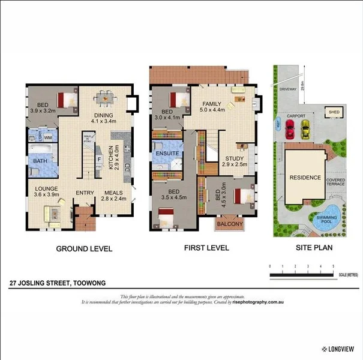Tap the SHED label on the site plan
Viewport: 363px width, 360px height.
pyautogui.click(x=332, y=112)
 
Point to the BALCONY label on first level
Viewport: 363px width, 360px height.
pyautogui.click(x=230, y=224)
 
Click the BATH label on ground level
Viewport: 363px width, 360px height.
pyautogui.click(x=41, y=161)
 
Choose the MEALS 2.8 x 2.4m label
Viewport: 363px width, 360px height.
pyautogui.click(x=114, y=196)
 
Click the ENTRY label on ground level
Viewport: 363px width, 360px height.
pyautogui.click(x=85, y=193)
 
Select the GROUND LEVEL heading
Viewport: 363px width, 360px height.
pyautogui.click(x=84, y=248)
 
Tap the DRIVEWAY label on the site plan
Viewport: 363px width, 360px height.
pyautogui.click(x=288, y=89)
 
